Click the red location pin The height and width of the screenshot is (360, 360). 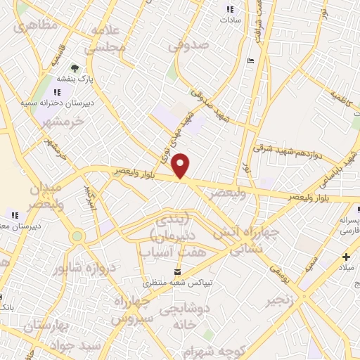(x=181, y=165)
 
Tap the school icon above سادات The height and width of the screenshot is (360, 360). (x=229, y=9)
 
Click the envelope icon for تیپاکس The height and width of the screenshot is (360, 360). (x=176, y=271)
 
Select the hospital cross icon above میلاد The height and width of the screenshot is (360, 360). (x=345, y=257)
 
